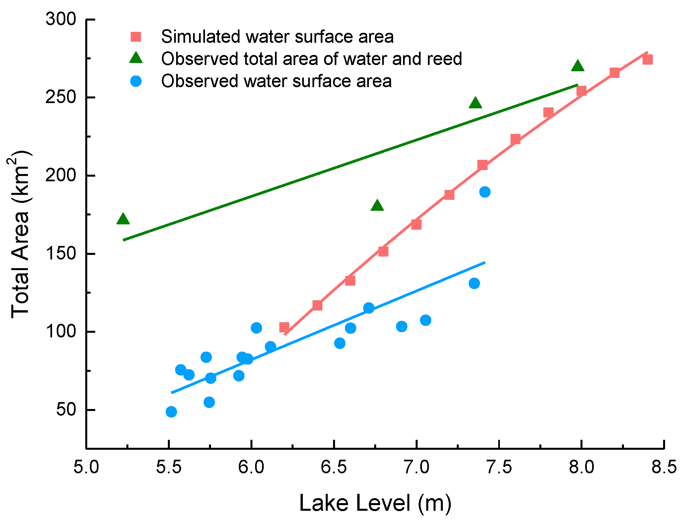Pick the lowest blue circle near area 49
171,412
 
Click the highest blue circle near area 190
485,192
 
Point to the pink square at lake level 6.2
284,328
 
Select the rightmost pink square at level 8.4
647,60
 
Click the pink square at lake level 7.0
416,225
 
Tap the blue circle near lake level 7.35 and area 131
474,283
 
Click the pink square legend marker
136,37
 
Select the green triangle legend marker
136,59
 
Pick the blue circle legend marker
136,81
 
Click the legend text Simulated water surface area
277,37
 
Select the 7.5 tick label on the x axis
499,467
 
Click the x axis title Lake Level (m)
375,503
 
